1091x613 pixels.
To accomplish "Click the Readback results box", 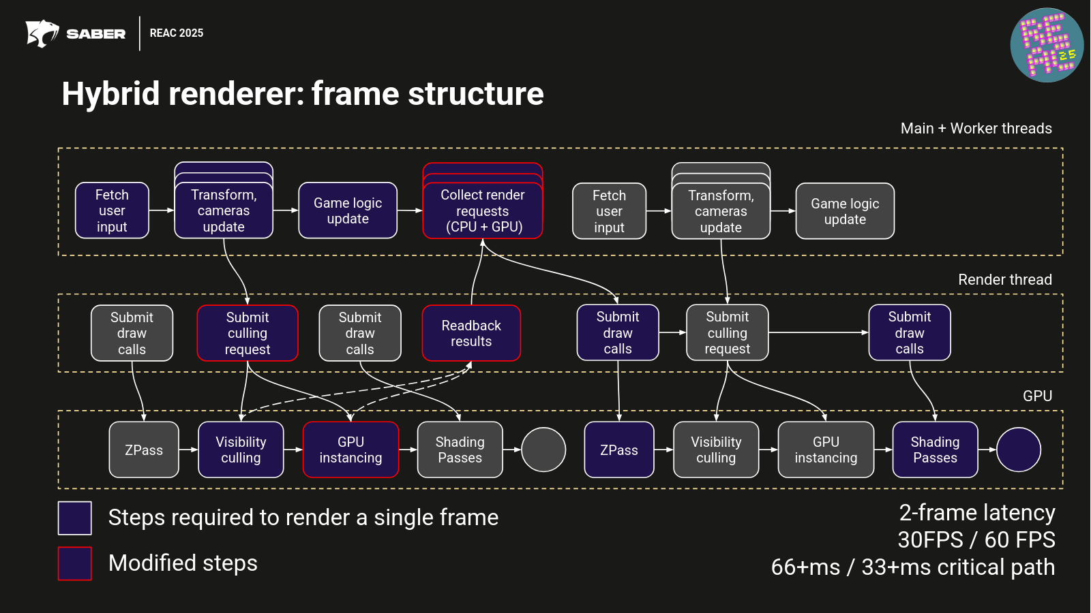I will click(x=471, y=333).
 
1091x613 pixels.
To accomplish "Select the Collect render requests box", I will click(x=483, y=210).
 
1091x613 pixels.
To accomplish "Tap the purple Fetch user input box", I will click(x=112, y=210).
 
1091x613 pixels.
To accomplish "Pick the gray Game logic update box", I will click(x=845, y=211).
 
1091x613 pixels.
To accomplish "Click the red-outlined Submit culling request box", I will click(x=248, y=333).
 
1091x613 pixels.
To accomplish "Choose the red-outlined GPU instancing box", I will click(x=350, y=450).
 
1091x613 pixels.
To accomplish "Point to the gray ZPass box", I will click(x=144, y=450).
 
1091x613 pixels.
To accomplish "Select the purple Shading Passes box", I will click(x=935, y=450).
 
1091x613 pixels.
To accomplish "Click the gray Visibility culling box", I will click(x=716, y=450).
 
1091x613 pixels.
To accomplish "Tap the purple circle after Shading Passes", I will click(x=1018, y=450).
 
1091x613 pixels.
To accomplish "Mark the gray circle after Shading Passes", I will click(x=543, y=450).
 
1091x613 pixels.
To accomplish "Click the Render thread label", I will click(x=1004, y=279).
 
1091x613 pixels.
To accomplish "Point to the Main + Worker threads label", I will click(x=976, y=128).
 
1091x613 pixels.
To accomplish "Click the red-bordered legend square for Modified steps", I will click(x=75, y=563).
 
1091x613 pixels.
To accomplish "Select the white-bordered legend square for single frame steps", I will click(x=75, y=518).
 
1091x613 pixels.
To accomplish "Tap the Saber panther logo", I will click(x=42, y=33).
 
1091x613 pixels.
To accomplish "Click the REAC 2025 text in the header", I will click(x=177, y=33).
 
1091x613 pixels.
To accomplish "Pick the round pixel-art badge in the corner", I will click(x=1047, y=45).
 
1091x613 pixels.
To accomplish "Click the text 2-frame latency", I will click(x=976, y=512).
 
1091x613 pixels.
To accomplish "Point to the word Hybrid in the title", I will click(x=110, y=93).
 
